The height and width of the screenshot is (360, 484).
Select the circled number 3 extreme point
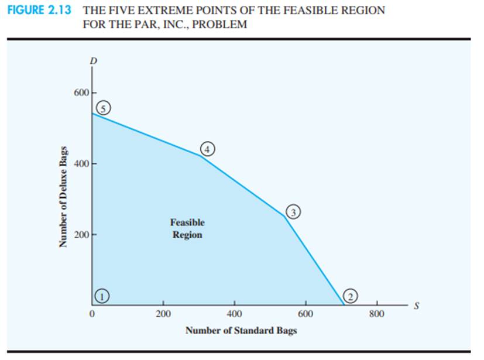tap(294, 211)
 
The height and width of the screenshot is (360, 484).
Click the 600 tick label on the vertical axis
tap(81, 93)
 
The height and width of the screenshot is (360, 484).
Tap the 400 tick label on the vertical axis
tap(81, 164)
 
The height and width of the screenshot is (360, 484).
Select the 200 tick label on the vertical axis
tap(81, 235)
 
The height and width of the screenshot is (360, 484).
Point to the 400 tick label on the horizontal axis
tap(234, 314)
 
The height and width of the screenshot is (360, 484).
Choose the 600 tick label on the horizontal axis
tap(305, 314)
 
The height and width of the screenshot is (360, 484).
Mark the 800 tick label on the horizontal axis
tap(377, 314)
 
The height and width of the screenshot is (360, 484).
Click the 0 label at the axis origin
tap(92, 314)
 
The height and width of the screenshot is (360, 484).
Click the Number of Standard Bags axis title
tap(241, 331)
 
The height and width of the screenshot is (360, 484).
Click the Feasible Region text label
tap(187, 228)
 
